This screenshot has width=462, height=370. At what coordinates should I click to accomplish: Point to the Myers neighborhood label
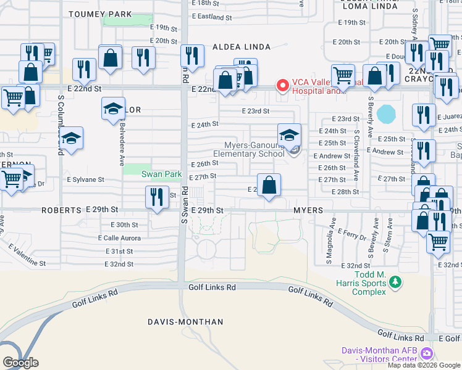coord(308,210)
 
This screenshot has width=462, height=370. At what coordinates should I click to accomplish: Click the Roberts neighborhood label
coord(61,210)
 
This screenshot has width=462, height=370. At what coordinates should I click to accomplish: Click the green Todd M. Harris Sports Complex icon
coord(395,282)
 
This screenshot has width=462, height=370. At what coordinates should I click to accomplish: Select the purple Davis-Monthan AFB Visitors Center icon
coord(426,354)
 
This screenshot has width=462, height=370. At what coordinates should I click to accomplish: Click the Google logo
coord(20,363)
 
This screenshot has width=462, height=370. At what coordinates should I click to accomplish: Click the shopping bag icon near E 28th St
coord(269,185)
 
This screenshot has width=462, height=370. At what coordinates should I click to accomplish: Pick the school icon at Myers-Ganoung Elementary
coord(288,135)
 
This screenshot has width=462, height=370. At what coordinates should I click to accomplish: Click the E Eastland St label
coord(212,18)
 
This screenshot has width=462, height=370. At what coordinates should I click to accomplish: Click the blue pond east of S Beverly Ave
coord(386,113)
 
